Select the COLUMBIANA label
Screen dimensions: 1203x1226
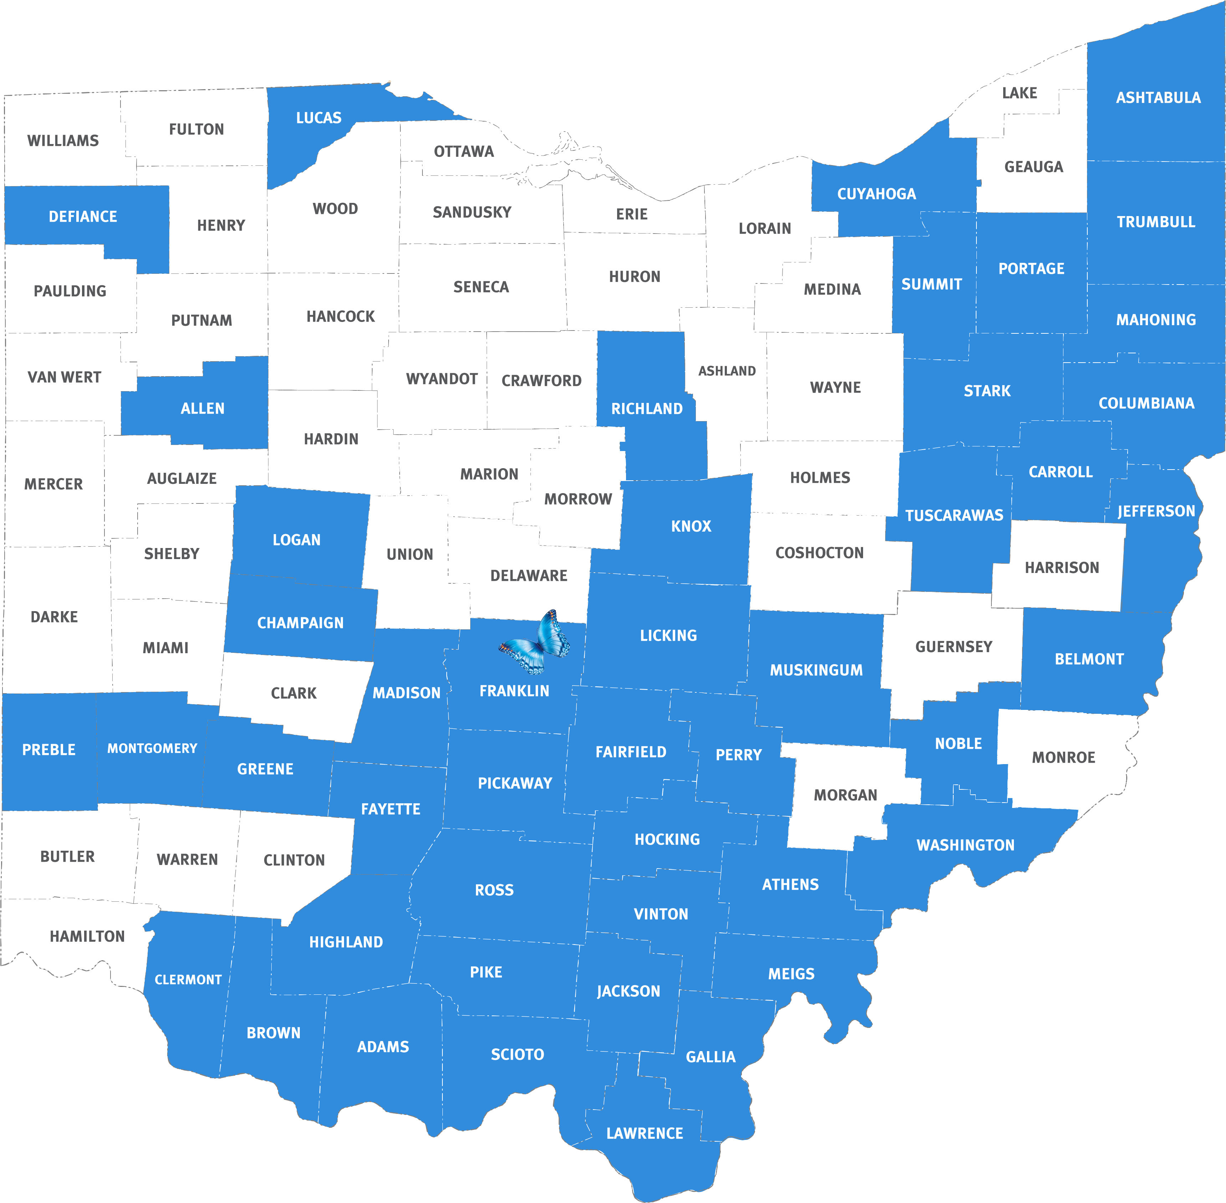pos(1146,404)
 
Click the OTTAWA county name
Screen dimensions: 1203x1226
pos(463,152)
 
